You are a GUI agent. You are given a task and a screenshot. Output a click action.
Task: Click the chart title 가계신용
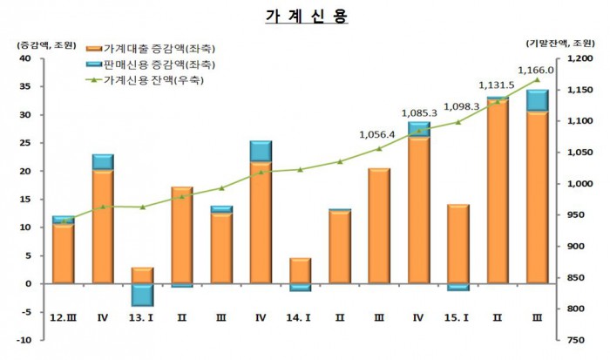304,17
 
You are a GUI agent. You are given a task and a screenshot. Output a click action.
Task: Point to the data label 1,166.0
536,71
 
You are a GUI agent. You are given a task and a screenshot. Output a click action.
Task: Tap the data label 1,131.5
497,85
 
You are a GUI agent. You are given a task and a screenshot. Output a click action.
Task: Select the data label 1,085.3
418,113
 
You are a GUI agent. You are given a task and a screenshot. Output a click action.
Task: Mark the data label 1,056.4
377,135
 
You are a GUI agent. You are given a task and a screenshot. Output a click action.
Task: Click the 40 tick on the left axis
25,58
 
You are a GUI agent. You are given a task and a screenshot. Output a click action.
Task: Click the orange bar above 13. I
142,275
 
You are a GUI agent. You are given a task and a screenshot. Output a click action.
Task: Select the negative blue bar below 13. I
142,295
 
